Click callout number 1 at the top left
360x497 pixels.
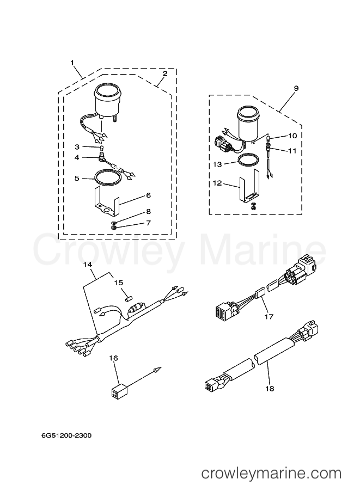[72, 63]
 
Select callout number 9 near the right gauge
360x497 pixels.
[296, 88]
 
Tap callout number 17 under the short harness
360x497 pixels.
[269, 317]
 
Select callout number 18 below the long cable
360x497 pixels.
[269, 389]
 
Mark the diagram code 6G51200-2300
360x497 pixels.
[66, 435]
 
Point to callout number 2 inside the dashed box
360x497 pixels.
[164, 73]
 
